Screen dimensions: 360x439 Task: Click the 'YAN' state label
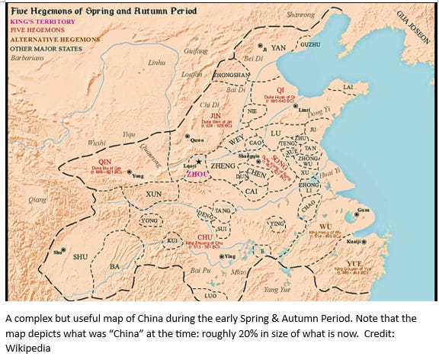(279, 47)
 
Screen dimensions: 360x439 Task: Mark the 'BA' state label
(115, 266)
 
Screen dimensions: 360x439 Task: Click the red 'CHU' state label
(203, 237)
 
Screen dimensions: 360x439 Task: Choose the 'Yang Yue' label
(271, 290)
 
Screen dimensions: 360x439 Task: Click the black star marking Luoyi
(199, 161)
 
